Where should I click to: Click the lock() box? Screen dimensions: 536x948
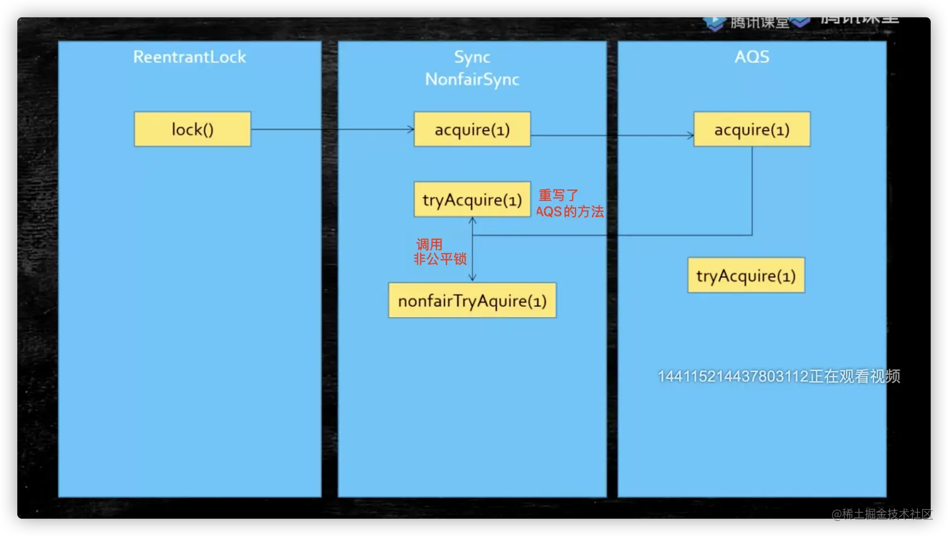pyautogui.click(x=192, y=129)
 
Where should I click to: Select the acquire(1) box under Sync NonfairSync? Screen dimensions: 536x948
pyautogui.click(x=472, y=129)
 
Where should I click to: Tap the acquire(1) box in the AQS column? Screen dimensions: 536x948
pyautogui.click(x=752, y=129)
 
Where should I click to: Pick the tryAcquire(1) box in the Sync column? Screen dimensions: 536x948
pyautogui.click(x=472, y=199)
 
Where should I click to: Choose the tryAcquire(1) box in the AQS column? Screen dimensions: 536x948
pyautogui.click(x=746, y=275)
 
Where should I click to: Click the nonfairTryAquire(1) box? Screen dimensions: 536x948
pyautogui.click(x=472, y=300)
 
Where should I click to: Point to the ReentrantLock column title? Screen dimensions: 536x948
pyautogui.click(x=189, y=57)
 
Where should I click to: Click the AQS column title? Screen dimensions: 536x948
pyautogui.click(x=752, y=57)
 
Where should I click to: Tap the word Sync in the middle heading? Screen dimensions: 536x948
pyautogui.click(x=472, y=57)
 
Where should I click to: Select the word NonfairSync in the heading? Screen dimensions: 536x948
pyautogui.click(x=472, y=80)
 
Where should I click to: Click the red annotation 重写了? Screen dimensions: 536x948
pyautogui.click(x=558, y=196)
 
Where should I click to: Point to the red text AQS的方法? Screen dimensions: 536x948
pyautogui.click(x=570, y=212)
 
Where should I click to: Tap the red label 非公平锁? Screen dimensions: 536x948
pyautogui.click(x=440, y=259)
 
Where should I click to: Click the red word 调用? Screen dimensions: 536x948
pyautogui.click(x=429, y=244)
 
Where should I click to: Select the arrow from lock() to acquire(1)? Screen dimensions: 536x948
pyautogui.click(x=332, y=130)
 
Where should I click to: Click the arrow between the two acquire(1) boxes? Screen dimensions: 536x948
pyautogui.click(x=612, y=135)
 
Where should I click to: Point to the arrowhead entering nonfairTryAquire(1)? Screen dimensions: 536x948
pyautogui.click(x=472, y=278)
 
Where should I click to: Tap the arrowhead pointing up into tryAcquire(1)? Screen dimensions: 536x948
pyautogui.click(x=472, y=221)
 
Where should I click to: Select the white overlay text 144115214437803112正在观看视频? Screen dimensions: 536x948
pyautogui.click(x=779, y=376)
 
